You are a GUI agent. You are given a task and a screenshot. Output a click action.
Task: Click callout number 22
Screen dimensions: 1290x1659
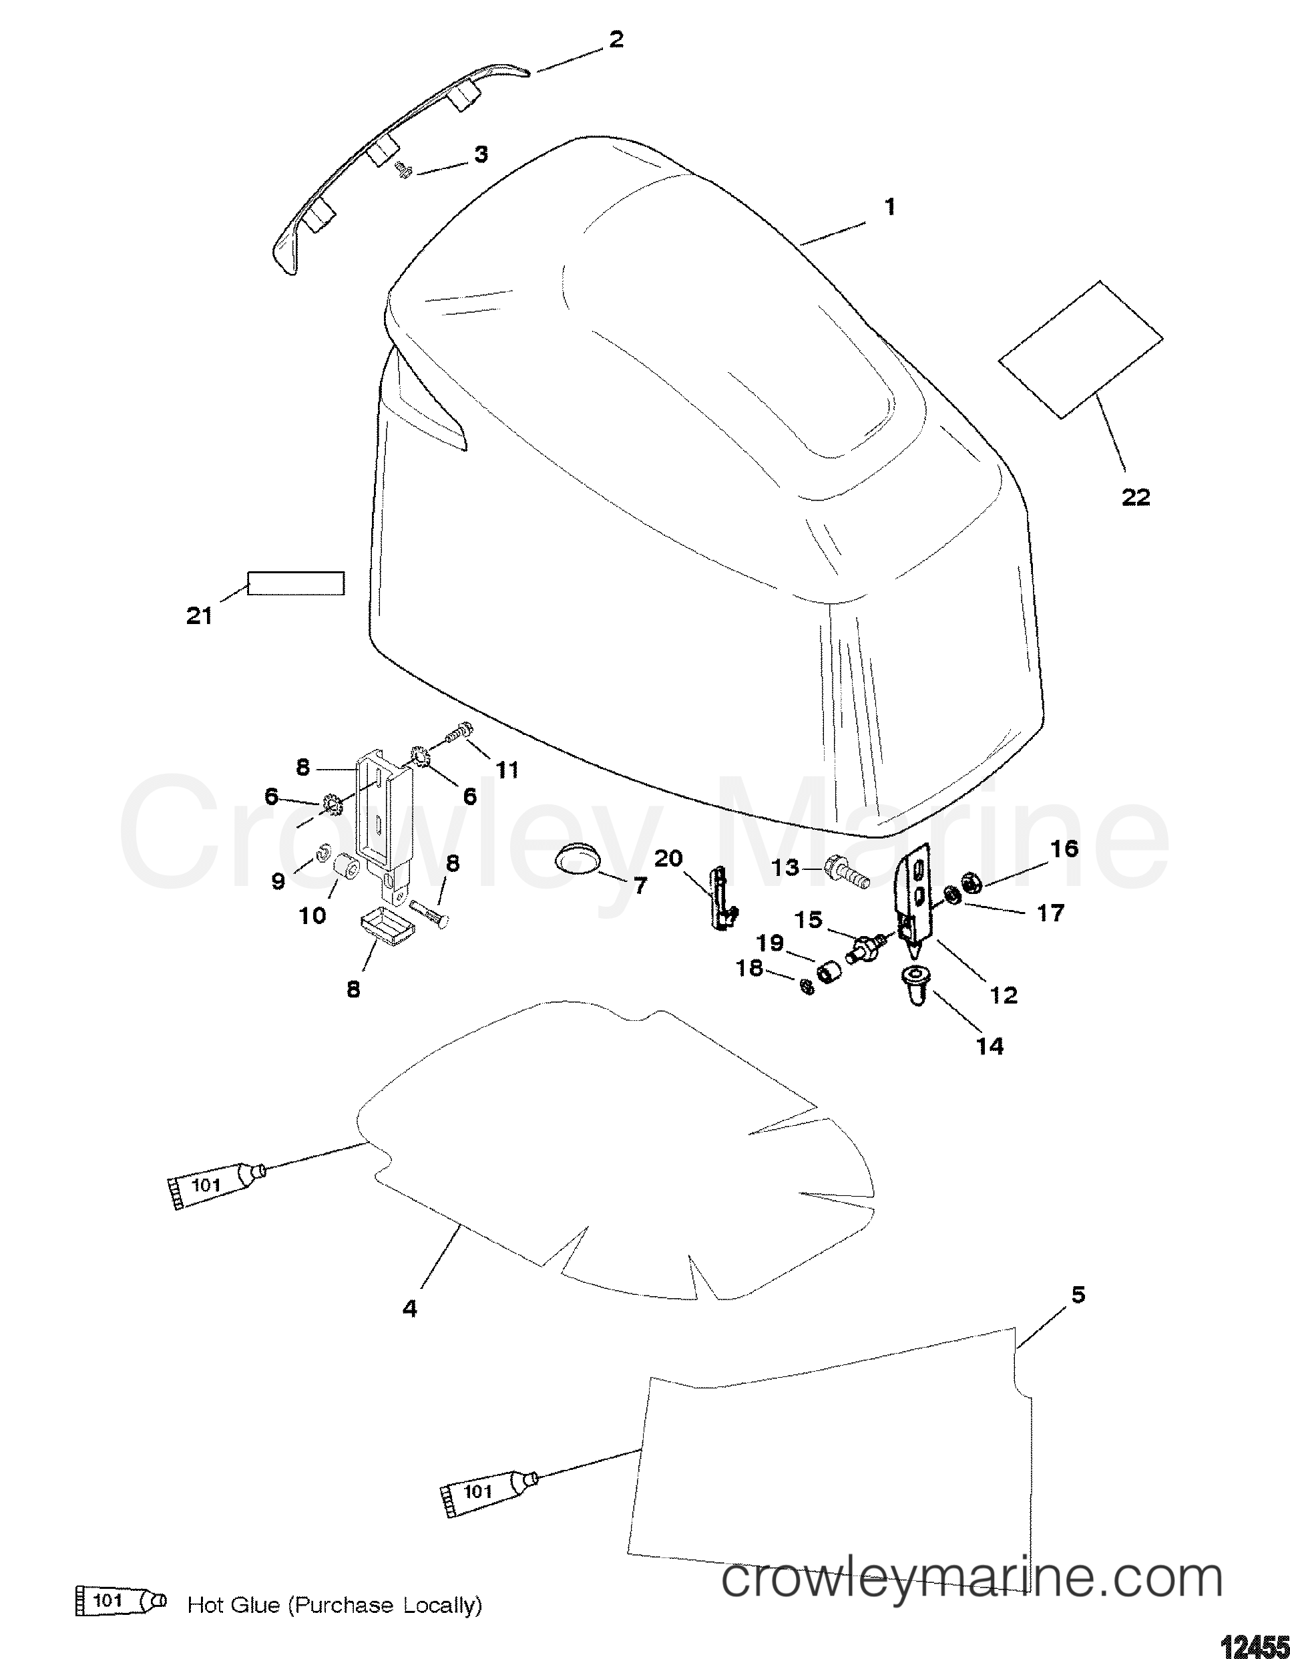point(1136,498)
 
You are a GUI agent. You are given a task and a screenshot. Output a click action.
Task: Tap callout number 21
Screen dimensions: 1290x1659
point(199,616)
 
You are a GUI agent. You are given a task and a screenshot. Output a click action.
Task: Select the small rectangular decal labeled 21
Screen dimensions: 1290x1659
point(296,583)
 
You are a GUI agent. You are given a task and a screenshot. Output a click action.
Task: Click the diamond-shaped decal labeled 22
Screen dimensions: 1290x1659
point(1080,349)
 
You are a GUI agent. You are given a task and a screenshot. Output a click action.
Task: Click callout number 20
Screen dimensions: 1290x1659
point(669,859)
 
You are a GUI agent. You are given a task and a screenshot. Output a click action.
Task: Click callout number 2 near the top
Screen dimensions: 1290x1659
point(616,39)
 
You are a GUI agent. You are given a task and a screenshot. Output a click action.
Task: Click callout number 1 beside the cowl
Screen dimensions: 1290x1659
point(890,206)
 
